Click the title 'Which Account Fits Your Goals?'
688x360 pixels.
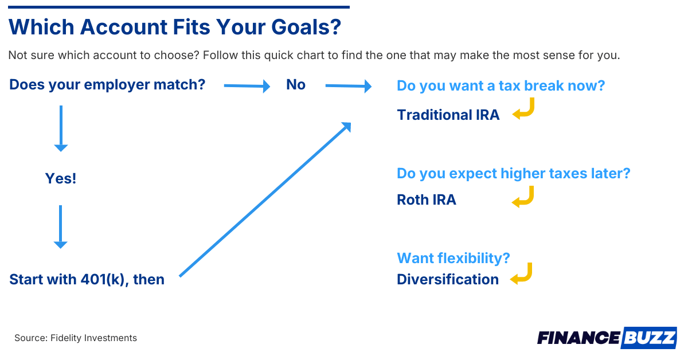(x=175, y=27)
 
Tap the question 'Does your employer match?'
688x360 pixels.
(x=107, y=85)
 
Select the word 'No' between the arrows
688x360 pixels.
(x=296, y=84)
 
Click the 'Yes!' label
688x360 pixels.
(x=61, y=178)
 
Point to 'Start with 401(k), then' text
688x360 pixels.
(x=87, y=280)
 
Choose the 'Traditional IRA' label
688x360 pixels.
(x=448, y=115)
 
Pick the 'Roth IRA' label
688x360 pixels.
(x=427, y=199)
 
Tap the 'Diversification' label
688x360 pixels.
(x=448, y=280)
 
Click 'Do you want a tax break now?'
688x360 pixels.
(x=501, y=85)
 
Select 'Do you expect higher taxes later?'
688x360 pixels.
(x=513, y=174)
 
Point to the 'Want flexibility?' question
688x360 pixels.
(x=454, y=258)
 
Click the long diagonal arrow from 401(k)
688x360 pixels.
(x=265, y=199)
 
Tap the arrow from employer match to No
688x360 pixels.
(x=247, y=86)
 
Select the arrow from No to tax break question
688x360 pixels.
(x=349, y=86)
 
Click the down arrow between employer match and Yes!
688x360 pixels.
(x=61, y=128)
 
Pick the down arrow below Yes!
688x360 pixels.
(x=61, y=226)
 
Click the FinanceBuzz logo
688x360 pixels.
(x=607, y=338)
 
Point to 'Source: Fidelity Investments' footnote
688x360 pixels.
(x=76, y=338)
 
